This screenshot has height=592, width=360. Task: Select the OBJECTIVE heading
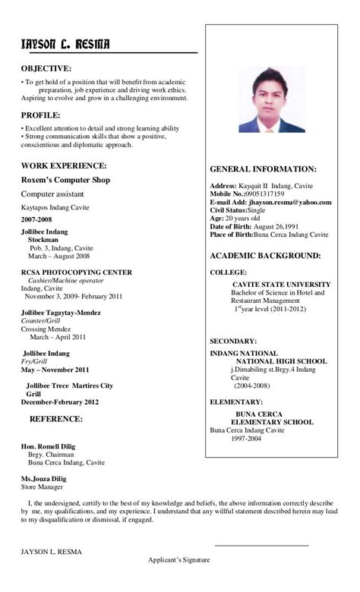pyautogui.click(x=46, y=68)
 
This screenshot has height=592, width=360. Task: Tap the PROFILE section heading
pyautogui.click(x=41, y=115)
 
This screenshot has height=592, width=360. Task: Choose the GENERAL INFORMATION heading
pyautogui.click(x=263, y=169)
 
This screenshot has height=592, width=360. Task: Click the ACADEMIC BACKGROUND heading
pyautogui.click(x=265, y=256)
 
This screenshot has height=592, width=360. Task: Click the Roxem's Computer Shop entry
pyautogui.click(x=65, y=180)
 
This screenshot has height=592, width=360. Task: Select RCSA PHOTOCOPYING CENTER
pyautogui.click(x=76, y=272)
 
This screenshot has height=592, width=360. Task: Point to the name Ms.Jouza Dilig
pyautogui.click(x=43, y=479)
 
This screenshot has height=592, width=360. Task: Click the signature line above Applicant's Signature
pyautogui.click(x=261, y=545)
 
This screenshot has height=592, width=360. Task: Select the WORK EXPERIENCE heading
pyautogui.click(x=63, y=165)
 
